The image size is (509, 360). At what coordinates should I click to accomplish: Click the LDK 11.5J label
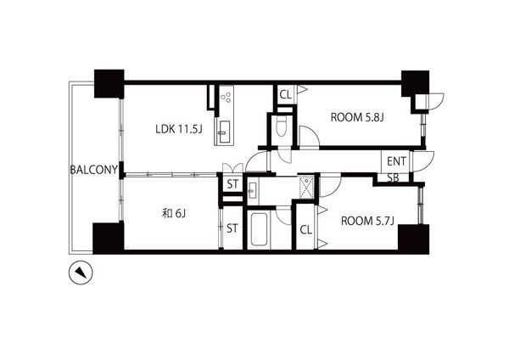[x=179, y=129]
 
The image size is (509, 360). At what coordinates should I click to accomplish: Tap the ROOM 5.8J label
[x=357, y=117]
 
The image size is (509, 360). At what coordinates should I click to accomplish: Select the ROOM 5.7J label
[x=367, y=221]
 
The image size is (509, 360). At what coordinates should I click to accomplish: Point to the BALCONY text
[x=94, y=170]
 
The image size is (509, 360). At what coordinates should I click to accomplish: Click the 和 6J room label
[x=174, y=213]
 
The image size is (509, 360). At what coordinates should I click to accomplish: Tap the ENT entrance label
[x=396, y=161]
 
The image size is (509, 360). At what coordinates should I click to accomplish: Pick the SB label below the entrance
[x=393, y=178]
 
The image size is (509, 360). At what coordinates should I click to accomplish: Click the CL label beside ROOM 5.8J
[x=286, y=95]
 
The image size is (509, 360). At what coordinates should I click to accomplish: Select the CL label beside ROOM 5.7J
[x=305, y=230]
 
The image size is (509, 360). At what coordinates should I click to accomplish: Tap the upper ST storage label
[x=232, y=184]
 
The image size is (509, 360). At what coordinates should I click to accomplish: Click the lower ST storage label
[x=232, y=228]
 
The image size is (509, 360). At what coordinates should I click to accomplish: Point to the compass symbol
[x=81, y=273]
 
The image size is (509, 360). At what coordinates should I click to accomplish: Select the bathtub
[x=260, y=230]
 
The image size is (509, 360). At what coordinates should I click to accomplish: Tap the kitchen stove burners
[x=227, y=97]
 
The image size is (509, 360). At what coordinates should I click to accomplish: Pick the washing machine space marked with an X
[x=306, y=186]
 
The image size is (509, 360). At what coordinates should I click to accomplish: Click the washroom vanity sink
[x=252, y=190]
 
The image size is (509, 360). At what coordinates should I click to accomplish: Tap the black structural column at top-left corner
[x=109, y=83]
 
